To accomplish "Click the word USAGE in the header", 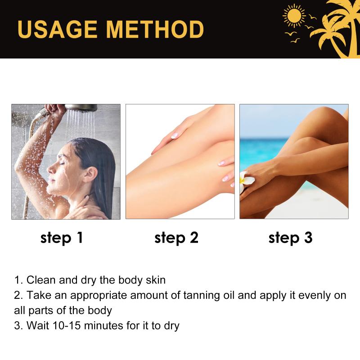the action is (58, 29).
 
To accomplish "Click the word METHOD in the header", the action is (155, 29).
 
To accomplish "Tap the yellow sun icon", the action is (294, 16).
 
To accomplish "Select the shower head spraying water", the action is (81, 108).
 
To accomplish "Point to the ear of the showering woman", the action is (91, 174).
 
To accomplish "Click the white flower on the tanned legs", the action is (246, 181).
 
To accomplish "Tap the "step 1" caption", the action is (62, 238).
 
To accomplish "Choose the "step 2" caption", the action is (176, 238).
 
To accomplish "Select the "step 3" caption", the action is (290, 238).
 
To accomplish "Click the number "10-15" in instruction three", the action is (67, 325).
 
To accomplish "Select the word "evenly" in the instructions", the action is (314, 296).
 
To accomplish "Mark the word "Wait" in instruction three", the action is (38, 325).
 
